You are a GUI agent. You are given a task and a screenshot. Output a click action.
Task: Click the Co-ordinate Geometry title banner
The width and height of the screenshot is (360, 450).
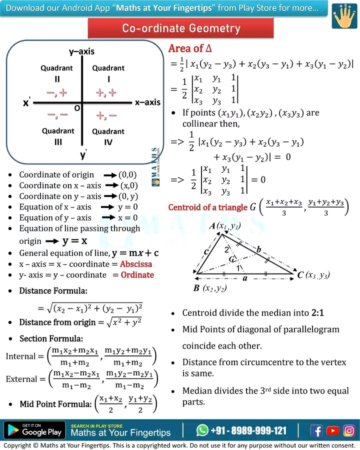181,28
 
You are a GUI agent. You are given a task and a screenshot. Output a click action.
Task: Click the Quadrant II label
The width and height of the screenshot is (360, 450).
57,73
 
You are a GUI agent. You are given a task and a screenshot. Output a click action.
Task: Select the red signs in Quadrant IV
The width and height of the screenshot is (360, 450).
106,115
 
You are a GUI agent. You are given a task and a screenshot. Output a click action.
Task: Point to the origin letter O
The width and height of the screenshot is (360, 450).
76,108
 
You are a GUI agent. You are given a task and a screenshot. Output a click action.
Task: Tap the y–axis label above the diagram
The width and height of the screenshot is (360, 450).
81,51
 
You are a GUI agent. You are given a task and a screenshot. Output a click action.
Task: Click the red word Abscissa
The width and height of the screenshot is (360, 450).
136,264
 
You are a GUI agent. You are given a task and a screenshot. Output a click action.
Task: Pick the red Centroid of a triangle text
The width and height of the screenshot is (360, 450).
208,207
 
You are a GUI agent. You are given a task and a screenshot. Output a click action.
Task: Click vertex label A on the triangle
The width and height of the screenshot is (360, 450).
212,226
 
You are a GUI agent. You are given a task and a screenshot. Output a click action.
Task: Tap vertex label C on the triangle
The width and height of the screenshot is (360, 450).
300,274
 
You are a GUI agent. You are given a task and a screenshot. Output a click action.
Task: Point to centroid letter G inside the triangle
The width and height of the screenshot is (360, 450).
231,259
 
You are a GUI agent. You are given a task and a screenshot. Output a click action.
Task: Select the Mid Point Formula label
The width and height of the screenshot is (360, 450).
55,404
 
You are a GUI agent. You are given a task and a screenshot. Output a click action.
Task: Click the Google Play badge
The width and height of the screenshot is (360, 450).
34,430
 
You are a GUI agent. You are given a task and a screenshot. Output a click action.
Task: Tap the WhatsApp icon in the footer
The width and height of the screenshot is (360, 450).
202,430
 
